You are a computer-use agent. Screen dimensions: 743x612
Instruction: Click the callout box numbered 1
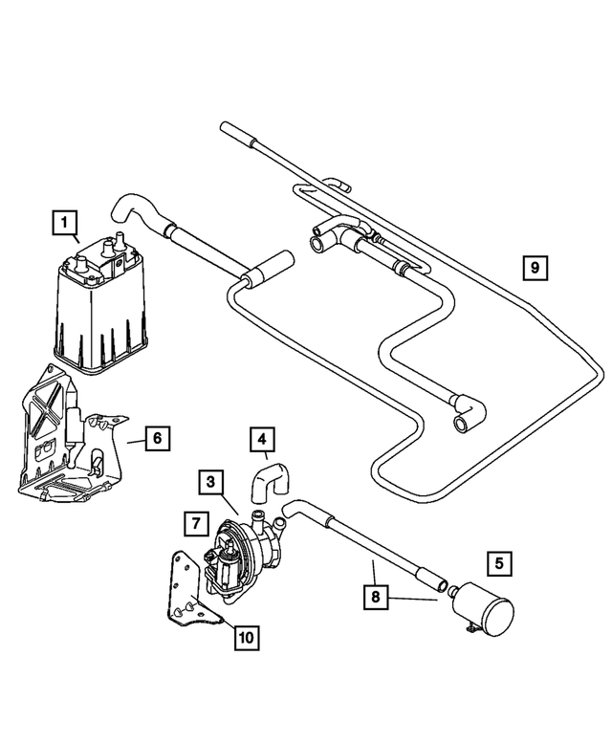pyautogui.click(x=64, y=226)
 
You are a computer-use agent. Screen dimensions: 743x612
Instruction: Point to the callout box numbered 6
pyautogui.click(x=158, y=439)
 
